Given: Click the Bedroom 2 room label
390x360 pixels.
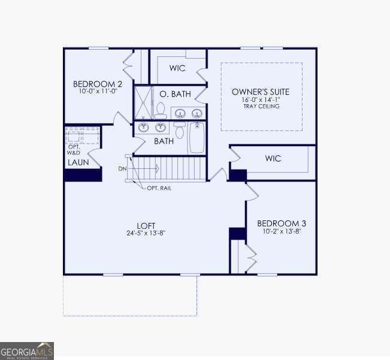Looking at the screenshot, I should tap(98, 83).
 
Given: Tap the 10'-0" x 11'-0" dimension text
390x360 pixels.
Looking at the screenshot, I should tap(98, 92).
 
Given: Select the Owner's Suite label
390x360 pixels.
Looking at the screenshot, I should tap(261, 92).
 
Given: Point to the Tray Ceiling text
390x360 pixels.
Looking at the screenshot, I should tap(261, 106).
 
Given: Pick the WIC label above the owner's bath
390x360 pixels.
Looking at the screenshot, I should tap(177, 68).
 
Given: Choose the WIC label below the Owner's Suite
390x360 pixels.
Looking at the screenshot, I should tap(273, 159).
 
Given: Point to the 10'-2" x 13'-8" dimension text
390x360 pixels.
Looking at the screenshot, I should tap(280, 231).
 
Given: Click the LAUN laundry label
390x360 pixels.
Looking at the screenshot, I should tap(78, 162).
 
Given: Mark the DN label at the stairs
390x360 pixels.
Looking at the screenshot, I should tap(122, 169).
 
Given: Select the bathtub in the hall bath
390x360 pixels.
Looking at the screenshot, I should tap(197, 138).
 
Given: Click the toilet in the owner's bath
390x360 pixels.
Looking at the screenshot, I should tap(160, 109).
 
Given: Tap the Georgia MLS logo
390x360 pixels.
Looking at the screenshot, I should tap(27, 350).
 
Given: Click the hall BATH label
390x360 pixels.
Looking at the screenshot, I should tap(164, 141).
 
